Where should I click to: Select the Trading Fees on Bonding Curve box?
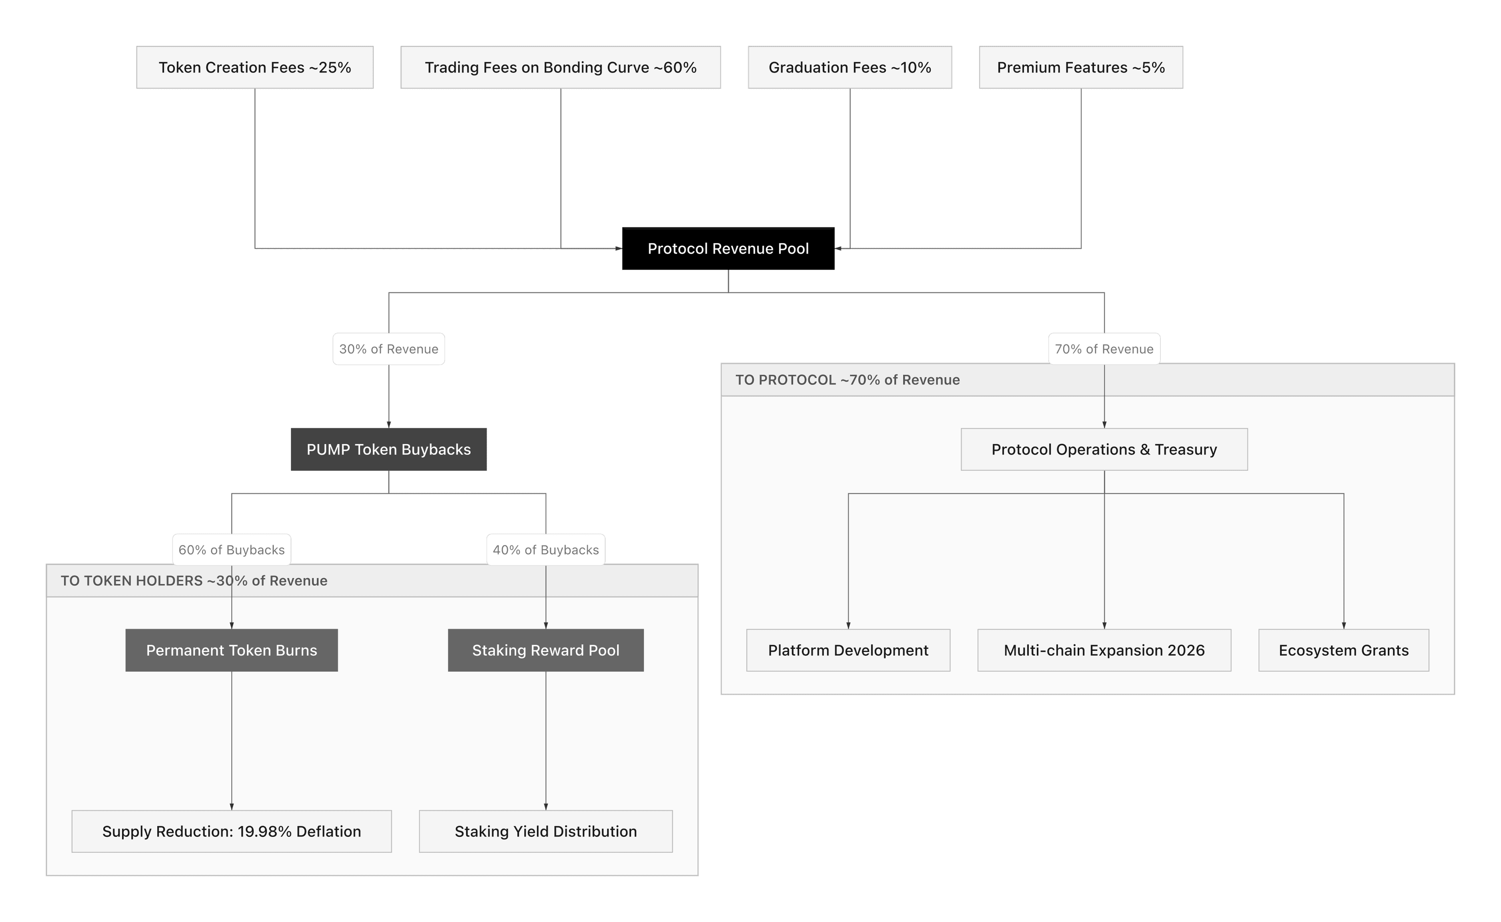[x=560, y=67]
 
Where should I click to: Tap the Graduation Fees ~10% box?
[x=850, y=67]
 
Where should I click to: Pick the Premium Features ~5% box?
[x=1081, y=67]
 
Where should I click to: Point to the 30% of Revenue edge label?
[x=389, y=349]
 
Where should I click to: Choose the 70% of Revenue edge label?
[x=1104, y=349]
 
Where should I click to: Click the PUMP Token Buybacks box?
[x=389, y=449]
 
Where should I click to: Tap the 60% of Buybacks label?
[x=231, y=549]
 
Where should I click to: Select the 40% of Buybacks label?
[x=545, y=549]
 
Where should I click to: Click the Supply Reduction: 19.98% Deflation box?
[x=231, y=831]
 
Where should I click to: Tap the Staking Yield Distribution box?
[x=545, y=831]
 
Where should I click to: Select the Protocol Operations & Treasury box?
[x=1104, y=449]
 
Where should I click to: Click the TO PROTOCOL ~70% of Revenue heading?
[x=847, y=380]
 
